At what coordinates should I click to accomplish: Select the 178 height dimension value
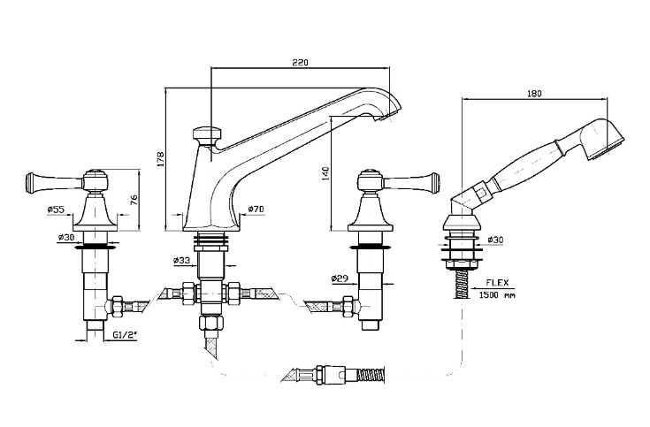click(160, 160)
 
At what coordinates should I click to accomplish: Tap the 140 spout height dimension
click(325, 173)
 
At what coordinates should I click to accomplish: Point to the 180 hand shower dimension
click(534, 91)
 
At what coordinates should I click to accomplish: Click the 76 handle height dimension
click(134, 200)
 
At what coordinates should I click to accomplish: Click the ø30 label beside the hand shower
click(496, 239)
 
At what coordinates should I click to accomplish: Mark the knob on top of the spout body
click(205, 135)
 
